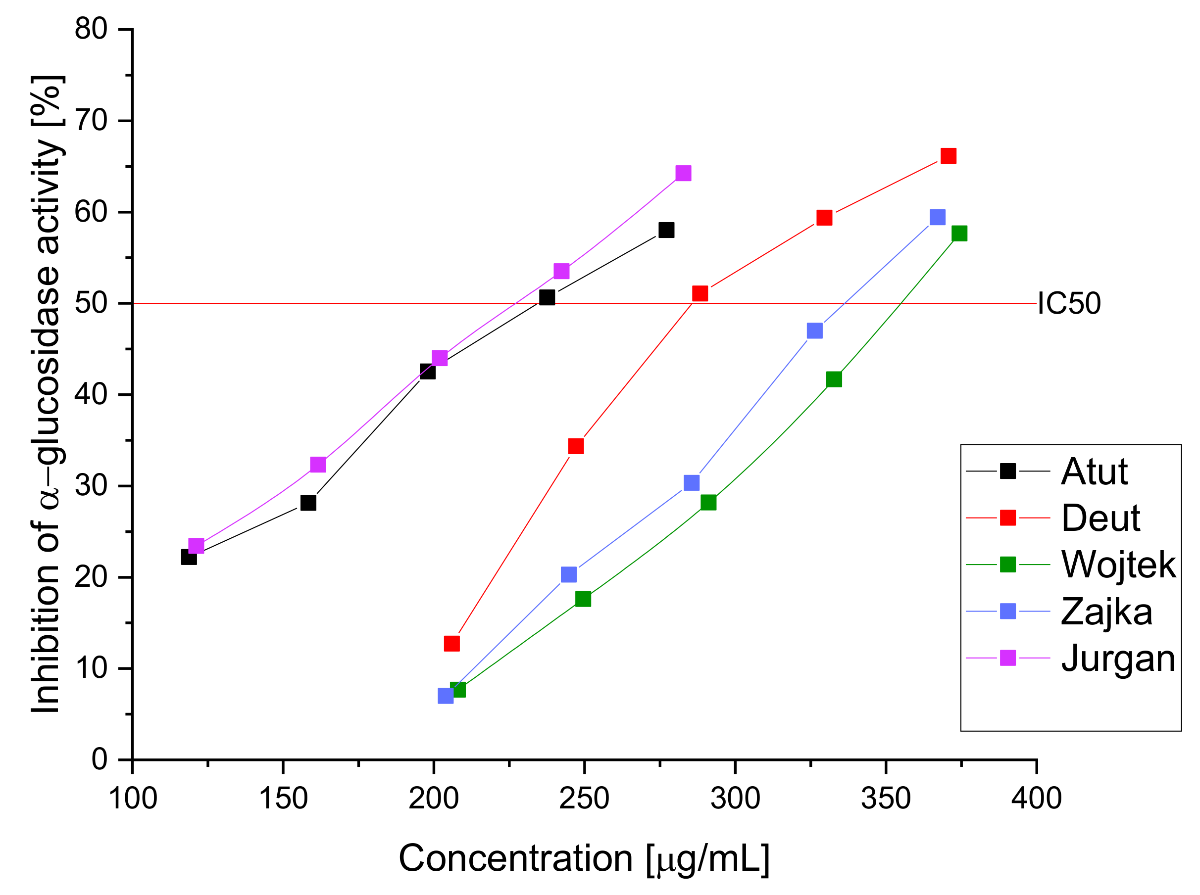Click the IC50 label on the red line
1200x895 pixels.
(1068, 303)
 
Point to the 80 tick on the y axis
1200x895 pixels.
(91, 29)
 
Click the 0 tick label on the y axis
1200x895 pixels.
(99, 759)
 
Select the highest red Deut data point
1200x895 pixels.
(948, 156)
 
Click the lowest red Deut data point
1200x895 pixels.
(451, 644)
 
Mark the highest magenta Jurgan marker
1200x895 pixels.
(684, 173)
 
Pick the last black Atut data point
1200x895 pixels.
(666, 230)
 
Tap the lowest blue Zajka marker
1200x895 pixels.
(446, 696)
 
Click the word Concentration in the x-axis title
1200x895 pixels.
(515, 859)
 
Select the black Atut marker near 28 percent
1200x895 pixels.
(308, 503)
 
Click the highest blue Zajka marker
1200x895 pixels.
(937, 217)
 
